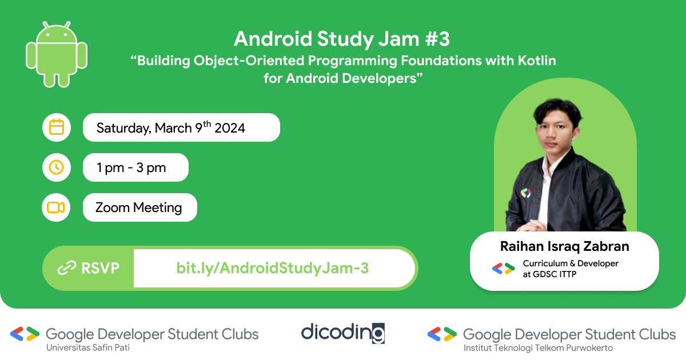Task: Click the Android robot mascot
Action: tap(57, 55)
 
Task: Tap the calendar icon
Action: tap(57, 127)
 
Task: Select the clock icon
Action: tap(57, 167)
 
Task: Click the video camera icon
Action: tap(57, 207)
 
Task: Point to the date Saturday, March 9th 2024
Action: tap(170, 127)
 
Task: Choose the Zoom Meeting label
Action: tap(139, 207)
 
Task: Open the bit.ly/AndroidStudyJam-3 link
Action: tap(272, 267)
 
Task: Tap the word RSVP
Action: tap(100, 268)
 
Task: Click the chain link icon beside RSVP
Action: tap(67, 268)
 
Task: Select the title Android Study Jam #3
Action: tap(342, 39)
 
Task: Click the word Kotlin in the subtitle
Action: tap(535, 61)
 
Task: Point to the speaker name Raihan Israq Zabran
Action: tap(564, 247)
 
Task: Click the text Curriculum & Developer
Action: tap(571, 263)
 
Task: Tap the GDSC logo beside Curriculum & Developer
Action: tap(504, 268)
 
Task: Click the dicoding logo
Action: tap(343, 333)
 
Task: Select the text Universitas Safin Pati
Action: tap(87, 347)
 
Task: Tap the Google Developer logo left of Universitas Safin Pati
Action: tap(25, 334)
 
